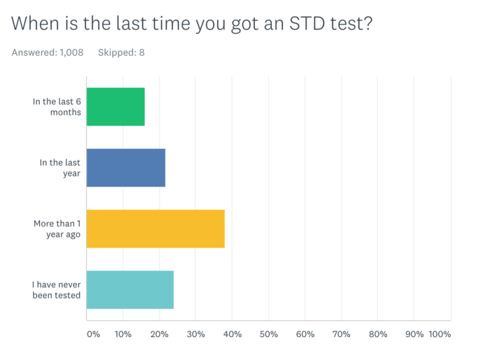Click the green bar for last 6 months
point(115,107)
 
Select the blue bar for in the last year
point(126,168)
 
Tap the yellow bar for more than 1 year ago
point(155,229)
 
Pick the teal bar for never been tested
point(130,289)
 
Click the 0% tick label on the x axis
point(94,334)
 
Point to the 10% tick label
point(123,334)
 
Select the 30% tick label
point(196,334)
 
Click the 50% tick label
point(269,334)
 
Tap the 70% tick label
point(342,334)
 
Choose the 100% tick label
point(440,334)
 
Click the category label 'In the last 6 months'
point(57,107)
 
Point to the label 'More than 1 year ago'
point(57,229)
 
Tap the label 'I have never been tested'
point(56,289)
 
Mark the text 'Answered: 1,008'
point(48,52)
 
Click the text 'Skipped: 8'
point(122,52)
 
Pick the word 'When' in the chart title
point(34,24)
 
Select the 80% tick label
point(378,334)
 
